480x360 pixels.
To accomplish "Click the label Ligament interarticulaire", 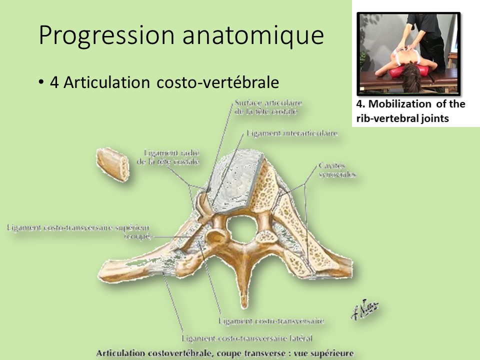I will [x=291, y=133].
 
